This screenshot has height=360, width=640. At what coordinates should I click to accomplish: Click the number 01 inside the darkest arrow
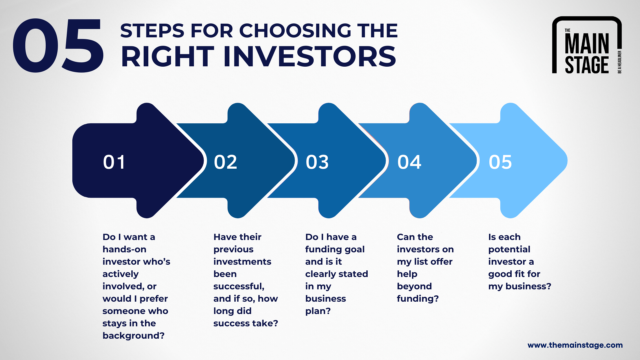coord(114,162)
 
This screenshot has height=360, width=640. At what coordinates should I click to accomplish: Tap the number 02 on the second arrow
coord(225,162)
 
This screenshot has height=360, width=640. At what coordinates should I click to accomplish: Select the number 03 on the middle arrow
coord(317,162)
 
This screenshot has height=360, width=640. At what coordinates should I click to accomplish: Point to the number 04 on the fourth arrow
coord(409,162)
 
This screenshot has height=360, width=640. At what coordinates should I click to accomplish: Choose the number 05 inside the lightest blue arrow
coord(500,162)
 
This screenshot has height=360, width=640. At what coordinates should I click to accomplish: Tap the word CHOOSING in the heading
coord(295,31)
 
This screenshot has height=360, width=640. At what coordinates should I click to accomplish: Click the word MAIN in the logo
coord(587,43)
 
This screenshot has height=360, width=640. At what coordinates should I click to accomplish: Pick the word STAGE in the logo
coord(587,65)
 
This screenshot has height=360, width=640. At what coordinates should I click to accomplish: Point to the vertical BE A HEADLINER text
coord(619,62)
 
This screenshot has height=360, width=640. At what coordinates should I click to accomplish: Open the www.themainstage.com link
coord(575,345)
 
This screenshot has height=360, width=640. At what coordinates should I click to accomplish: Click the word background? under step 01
coord(133,336)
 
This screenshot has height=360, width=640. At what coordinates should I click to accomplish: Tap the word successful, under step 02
coord(239,286)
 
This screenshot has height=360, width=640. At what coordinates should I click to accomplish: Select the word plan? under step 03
coord(318,311)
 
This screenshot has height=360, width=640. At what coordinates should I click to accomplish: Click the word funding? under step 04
coord(418,299)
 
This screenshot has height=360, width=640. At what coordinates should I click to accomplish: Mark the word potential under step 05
coord(509,249)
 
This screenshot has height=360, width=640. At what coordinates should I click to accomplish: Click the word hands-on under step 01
coord(124,249)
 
